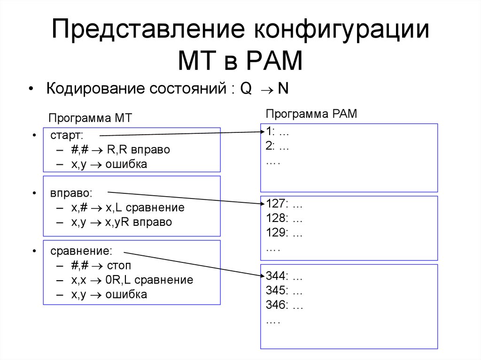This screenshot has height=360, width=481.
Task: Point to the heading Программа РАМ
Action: click(x=311, y=114)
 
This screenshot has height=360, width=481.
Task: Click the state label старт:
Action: click(x=67, y=136)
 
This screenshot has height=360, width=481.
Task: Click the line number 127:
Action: click(x=276, y=204)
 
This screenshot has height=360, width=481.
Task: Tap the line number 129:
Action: click(x=276, y=233)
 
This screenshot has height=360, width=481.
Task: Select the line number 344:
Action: click(x=277, y=276)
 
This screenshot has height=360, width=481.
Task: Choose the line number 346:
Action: click(x=277, y=305)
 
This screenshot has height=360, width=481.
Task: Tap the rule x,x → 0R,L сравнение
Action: click(x=132, y=280)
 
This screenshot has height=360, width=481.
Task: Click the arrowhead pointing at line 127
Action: click(x=262, y=203)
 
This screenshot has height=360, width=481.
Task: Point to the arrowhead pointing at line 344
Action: click(x=262, y=276)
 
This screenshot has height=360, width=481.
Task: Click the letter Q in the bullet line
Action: click(x=246, y=89)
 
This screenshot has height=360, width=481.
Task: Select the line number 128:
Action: click(x=276, y=219)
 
